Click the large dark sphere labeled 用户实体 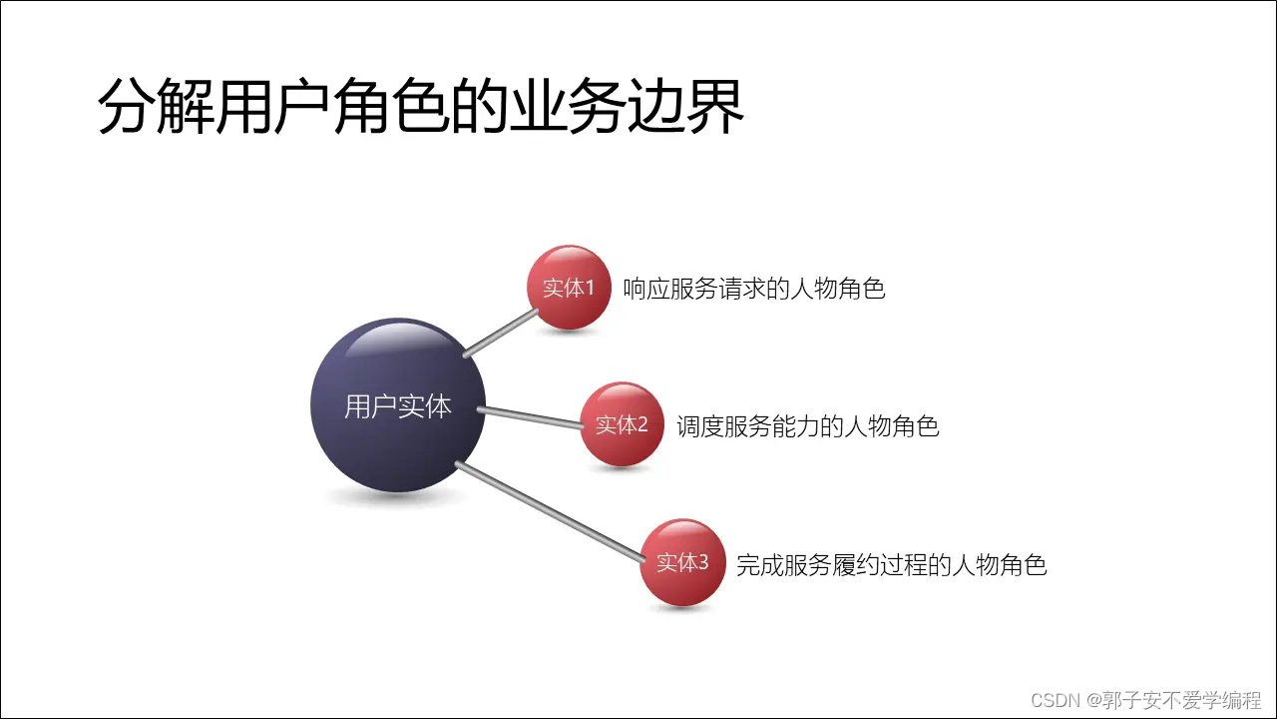[398, 405]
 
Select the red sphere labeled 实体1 [569, 288]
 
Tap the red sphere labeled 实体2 [622, 424]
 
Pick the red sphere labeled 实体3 [681, 562]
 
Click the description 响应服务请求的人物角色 [753, 290]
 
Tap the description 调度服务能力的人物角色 [807, 426]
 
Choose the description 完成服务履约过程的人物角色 [891, 564]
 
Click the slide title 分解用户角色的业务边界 [421, 108]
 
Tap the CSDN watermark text [1145, 699]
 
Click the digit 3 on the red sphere [702, 562]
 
